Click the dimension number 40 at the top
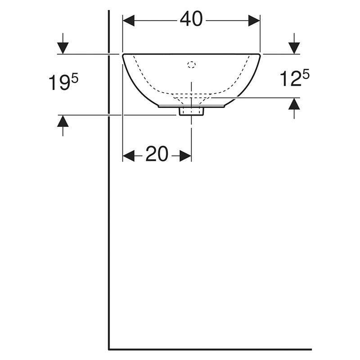pyautogui.click(x=191, y=19)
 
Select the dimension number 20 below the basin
pyautogui.click(x=157, y=153)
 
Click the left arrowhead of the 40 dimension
pyautogui.click(x=129, y=21)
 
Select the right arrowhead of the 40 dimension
pyautogui.click(x=254, y=21)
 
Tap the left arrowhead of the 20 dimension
pyautogui.click(x=129, y=156)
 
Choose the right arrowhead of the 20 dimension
pyautogui.click(x=185, y=156)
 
